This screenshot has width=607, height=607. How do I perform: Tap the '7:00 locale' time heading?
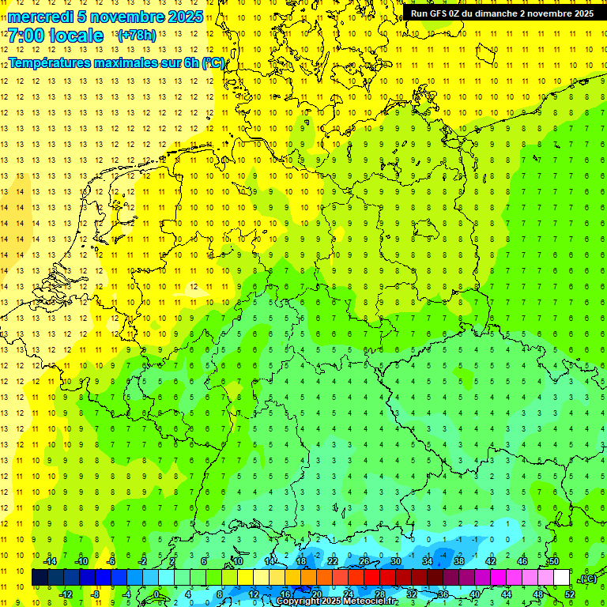[56, 36]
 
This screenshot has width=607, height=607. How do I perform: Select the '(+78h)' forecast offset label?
[137, 36]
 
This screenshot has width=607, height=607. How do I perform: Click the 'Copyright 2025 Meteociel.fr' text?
[337, 601]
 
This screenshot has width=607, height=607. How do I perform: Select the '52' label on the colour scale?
[570, 594]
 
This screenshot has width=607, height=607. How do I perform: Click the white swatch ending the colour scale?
[561, 577]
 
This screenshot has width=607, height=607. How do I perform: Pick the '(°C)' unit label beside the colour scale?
[588, 579]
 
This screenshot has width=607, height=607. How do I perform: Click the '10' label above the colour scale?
[237, 561]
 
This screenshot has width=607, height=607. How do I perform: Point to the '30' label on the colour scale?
[395, 561]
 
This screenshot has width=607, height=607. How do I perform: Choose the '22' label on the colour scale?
[332, 561]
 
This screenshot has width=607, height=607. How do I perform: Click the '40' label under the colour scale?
[474, 594]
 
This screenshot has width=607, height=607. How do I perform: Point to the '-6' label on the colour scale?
[111, 561]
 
